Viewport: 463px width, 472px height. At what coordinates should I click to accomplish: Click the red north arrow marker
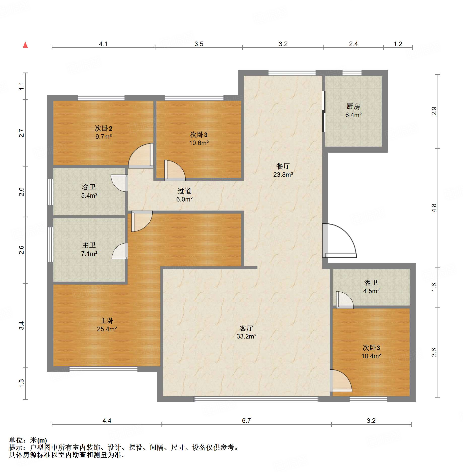[25, 45]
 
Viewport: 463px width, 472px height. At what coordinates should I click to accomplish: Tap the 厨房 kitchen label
[353, 107]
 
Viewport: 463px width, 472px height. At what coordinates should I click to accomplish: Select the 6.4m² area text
[353, 115]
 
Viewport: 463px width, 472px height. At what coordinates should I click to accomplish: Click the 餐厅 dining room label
[283, 166]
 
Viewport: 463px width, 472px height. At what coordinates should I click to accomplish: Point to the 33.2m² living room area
[246, 336]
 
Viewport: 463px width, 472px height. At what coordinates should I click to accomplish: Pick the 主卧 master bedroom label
[107, 321]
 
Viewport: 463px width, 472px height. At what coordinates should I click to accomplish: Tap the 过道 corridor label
[184, 191]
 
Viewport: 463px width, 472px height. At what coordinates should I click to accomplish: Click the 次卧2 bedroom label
[104, 128]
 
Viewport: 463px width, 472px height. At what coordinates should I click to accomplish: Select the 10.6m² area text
[199, 143]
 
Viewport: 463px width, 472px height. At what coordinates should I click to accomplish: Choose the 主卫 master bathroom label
[89, 245]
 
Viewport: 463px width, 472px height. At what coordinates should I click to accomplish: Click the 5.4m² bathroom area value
[89, 195]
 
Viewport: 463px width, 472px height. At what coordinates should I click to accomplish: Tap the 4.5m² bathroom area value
[371, 291]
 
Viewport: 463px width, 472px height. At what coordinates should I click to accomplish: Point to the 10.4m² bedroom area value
[371, 356]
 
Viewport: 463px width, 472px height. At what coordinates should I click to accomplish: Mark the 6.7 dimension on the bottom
[246, 421]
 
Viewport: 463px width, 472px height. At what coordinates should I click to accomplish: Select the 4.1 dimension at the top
[103, 44]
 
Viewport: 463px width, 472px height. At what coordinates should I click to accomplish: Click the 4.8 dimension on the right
[434, 208]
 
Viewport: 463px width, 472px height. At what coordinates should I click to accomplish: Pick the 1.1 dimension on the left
[22, 86]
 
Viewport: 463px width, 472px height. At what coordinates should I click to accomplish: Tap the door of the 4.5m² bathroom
[345, 300]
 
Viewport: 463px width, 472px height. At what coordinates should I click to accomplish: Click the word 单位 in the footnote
[16, 440]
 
